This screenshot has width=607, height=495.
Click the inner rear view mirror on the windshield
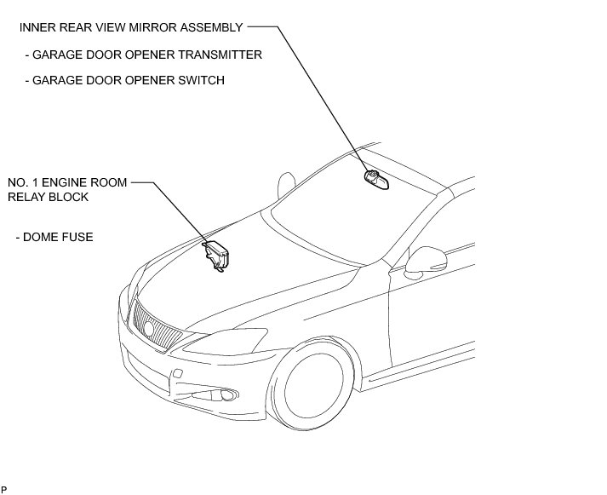click(x=375, y=180)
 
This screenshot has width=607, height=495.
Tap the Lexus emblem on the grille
click(x=150, y=325)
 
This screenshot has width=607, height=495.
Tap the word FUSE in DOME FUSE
click(x=77, y=237)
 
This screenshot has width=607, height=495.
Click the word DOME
click(x=40, y=237)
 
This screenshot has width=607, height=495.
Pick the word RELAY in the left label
click(x=26, y=197)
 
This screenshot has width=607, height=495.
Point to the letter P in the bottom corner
click(x=4, y=489)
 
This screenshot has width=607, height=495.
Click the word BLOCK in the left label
click(x=68, y=197)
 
